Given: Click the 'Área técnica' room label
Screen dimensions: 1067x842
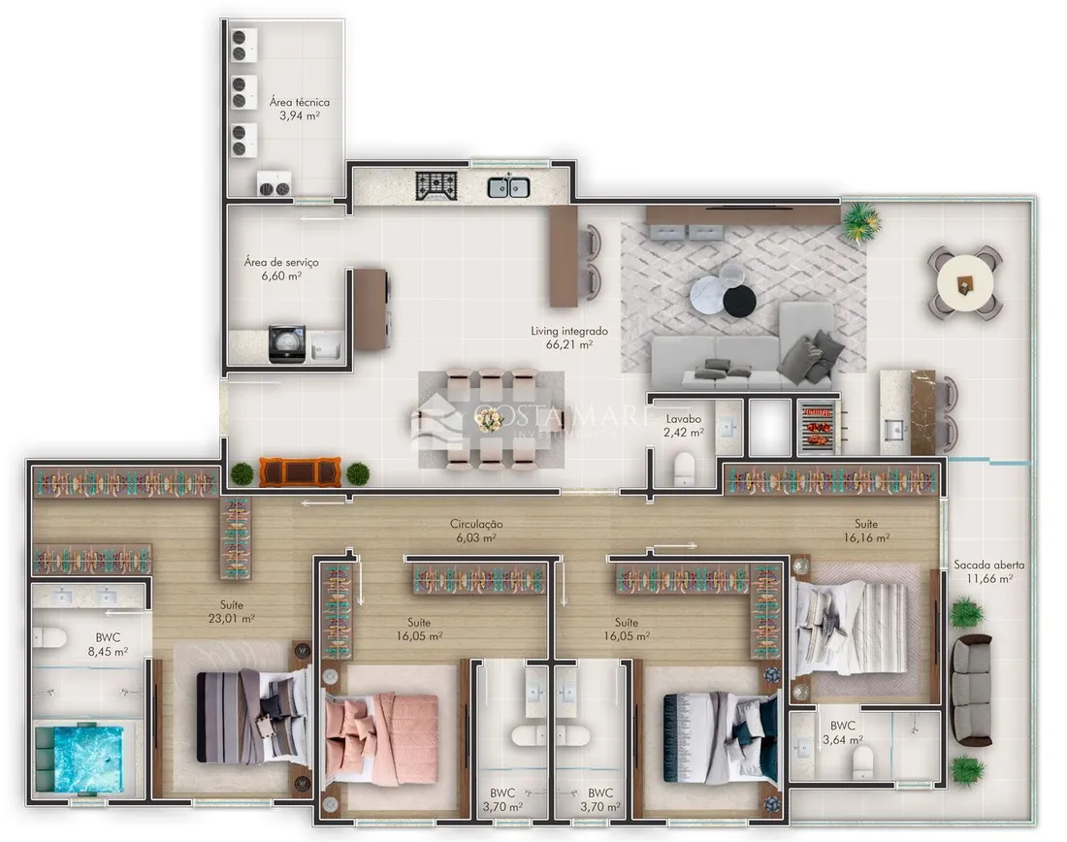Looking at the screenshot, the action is point(300,102).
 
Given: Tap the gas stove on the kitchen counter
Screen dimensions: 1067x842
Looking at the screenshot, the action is point(436,186).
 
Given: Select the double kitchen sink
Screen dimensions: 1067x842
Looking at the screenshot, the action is point(509,186).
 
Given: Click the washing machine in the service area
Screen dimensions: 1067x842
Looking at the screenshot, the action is point(286,343).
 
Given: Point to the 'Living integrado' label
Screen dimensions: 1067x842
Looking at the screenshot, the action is point(569,331).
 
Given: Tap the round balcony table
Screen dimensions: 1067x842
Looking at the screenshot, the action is point(965,283).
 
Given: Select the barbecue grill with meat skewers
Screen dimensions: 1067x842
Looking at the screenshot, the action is point(818,426).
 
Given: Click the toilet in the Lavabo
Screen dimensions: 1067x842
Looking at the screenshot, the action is point(684,469).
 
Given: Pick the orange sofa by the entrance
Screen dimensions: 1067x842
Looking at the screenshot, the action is point(300,472).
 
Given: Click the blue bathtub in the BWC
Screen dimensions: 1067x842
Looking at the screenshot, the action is point(81,760).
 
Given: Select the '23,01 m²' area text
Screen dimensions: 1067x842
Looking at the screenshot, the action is point(232,619).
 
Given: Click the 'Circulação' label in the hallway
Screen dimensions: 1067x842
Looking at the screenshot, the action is point(476,524).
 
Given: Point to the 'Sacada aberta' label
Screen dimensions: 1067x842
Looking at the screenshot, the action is point(988,565).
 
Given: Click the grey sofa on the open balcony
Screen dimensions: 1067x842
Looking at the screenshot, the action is point(971,691).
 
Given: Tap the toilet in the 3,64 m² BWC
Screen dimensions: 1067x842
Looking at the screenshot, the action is point(863,762).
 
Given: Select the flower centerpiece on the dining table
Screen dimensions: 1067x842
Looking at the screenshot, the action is point(489,421).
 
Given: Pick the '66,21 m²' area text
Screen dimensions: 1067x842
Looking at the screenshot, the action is point(568,344).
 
